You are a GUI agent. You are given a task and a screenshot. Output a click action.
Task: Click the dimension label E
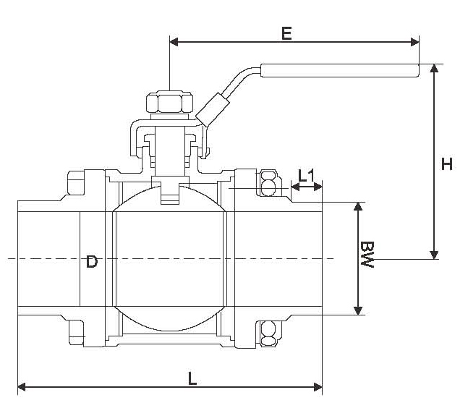click(287, 33)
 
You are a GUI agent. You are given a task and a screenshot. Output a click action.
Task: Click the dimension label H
click(447, 164)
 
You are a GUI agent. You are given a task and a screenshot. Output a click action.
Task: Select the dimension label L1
click(307, 174)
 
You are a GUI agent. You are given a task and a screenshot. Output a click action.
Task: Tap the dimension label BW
click(367, 256)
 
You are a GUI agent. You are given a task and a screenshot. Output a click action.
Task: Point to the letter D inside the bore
click(92, 261)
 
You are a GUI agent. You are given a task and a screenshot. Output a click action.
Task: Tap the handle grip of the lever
click(340, 71)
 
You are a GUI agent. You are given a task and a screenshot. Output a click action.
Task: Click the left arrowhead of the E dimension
click(174, 42)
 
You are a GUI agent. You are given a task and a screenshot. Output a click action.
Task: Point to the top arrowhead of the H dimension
click(434, 69)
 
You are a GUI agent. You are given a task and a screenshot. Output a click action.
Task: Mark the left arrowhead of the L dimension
click(22, 387)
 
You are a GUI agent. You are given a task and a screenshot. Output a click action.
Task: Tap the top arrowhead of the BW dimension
click(357, 208)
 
